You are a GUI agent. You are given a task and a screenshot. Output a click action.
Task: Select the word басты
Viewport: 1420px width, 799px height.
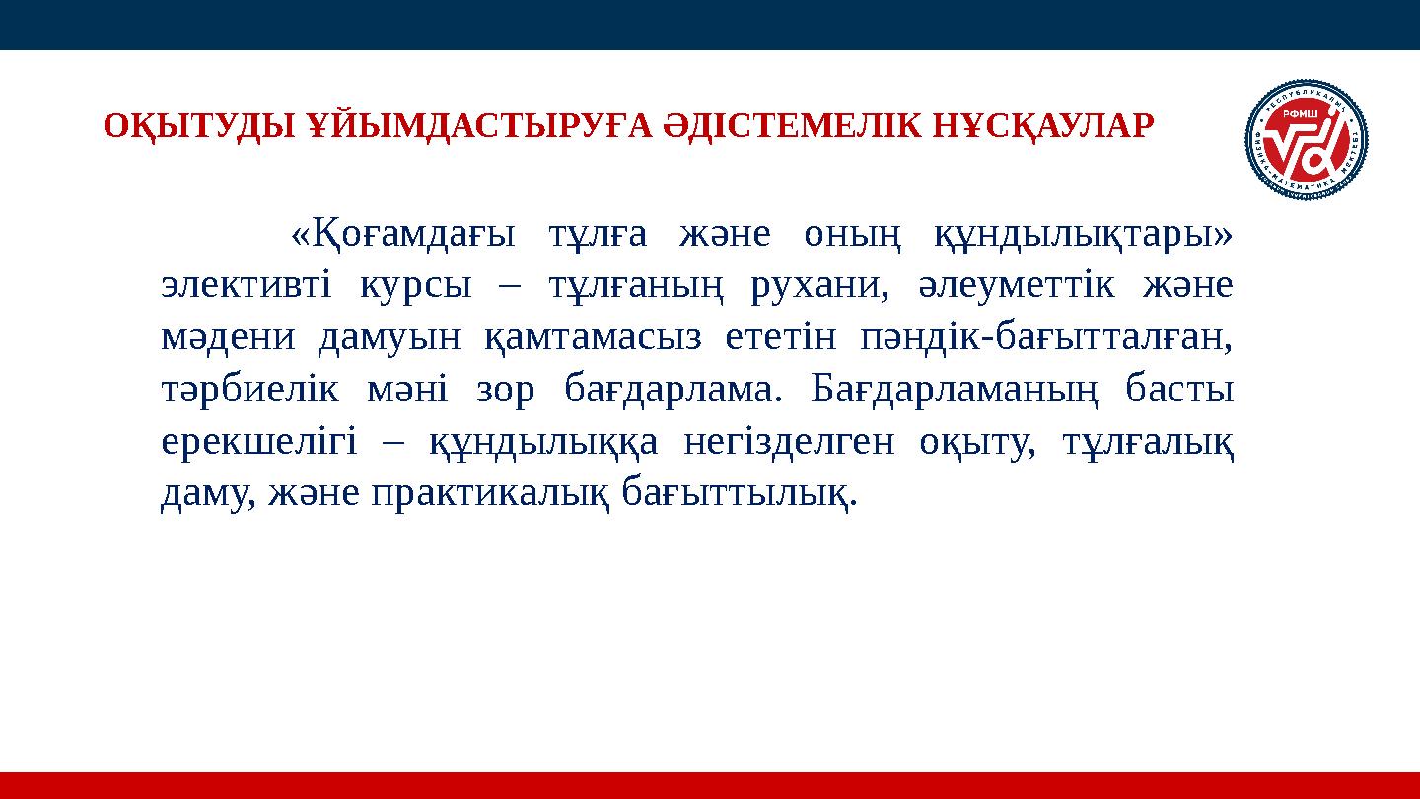(x=1179, y=389)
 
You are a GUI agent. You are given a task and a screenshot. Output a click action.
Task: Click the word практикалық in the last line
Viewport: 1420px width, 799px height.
(x=492, y=492)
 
